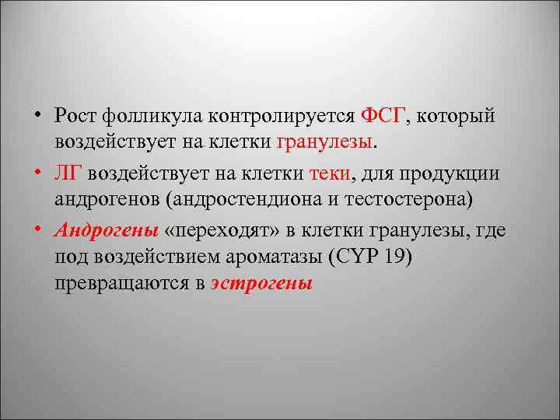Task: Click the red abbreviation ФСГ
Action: (383, 116)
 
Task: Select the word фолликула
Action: (149, 116)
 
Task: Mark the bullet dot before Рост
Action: (37, 117)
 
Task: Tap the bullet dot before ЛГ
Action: (37, 173)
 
